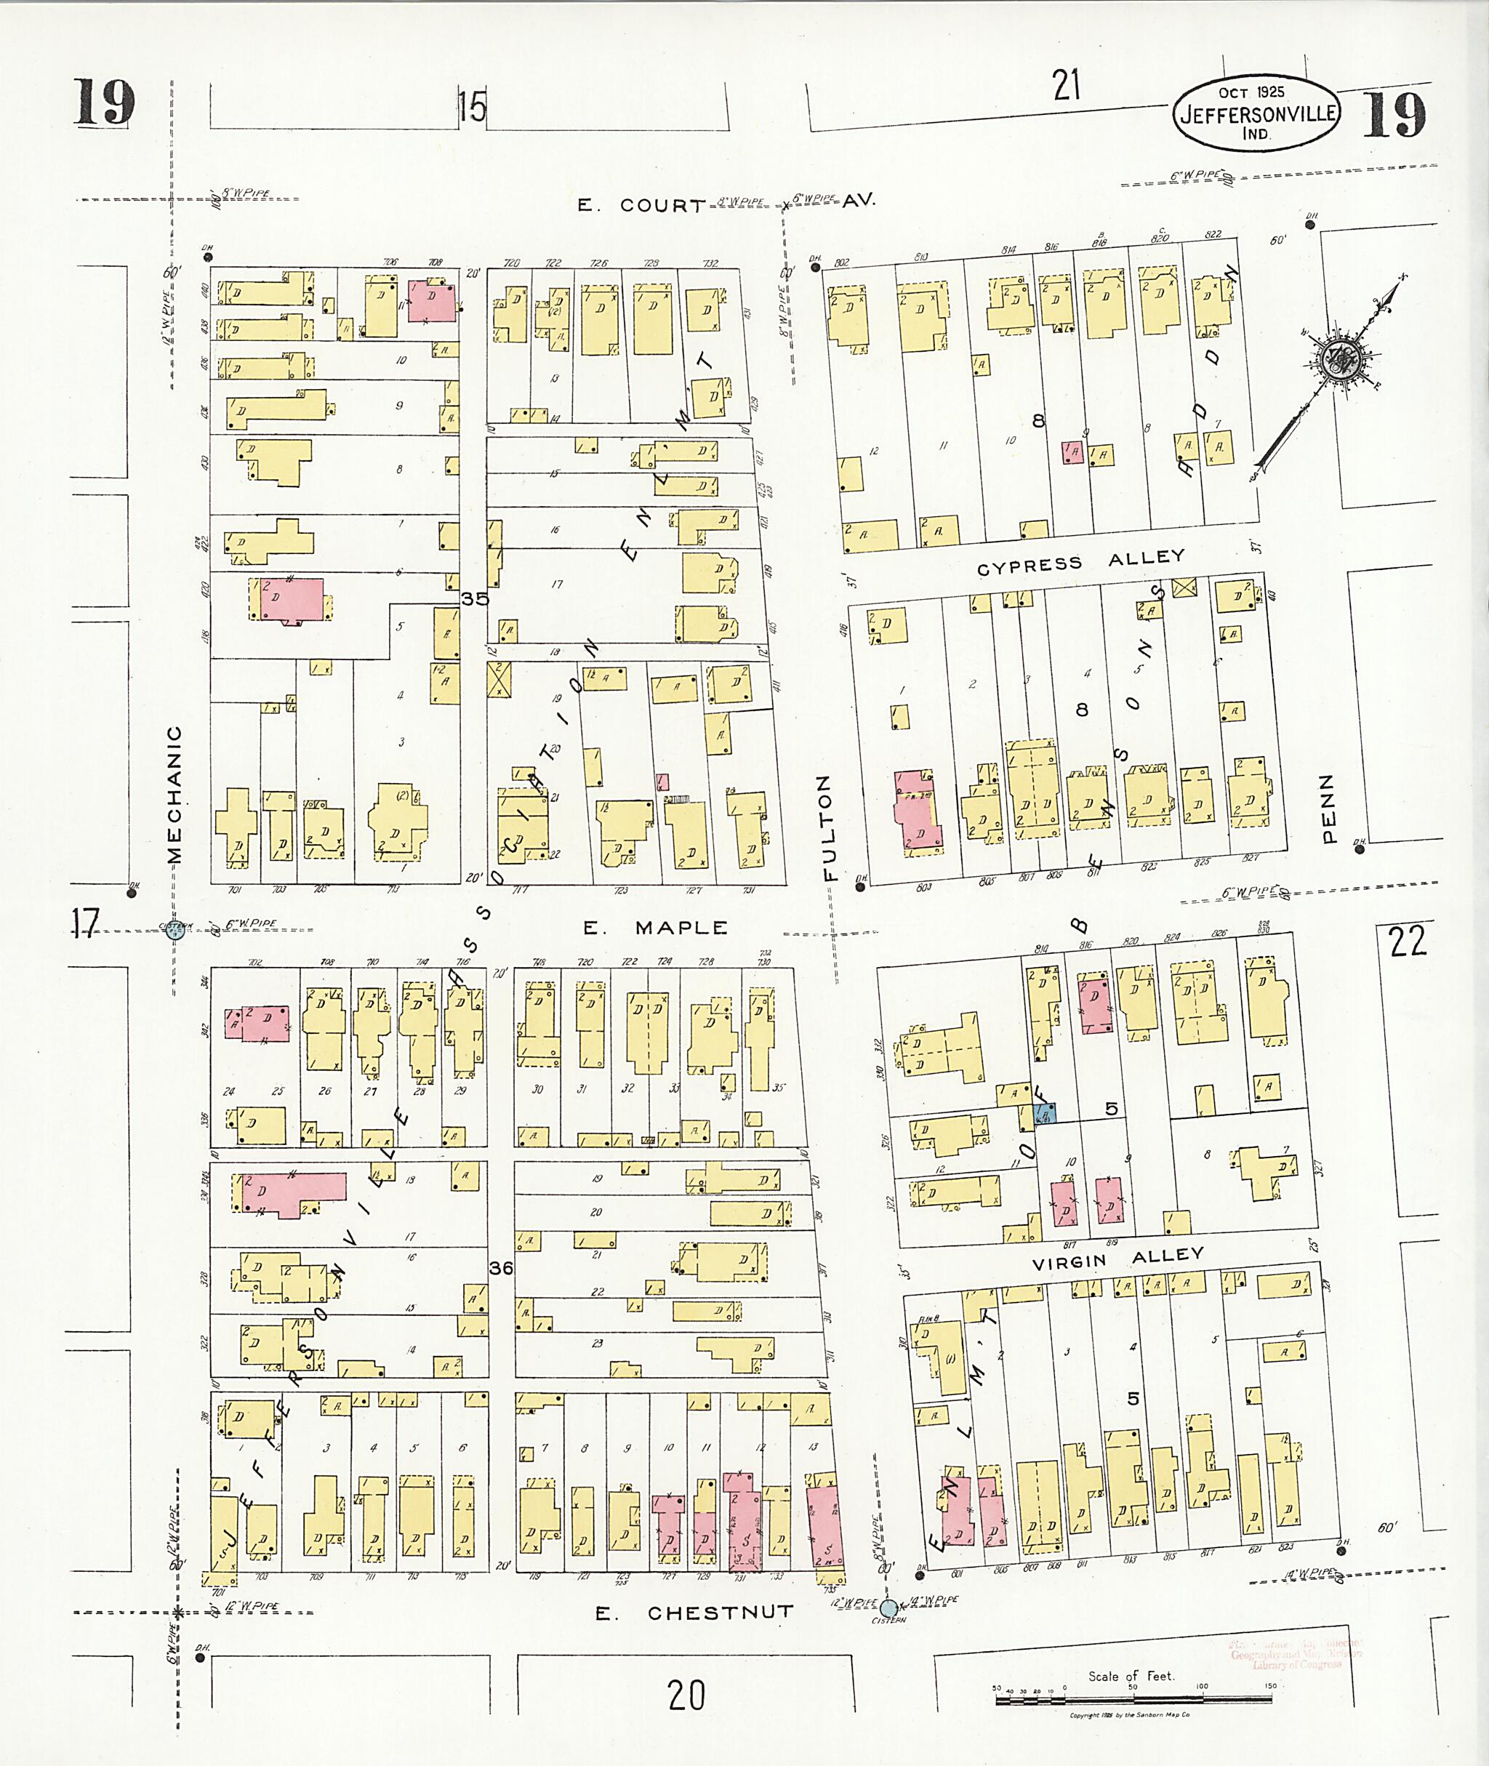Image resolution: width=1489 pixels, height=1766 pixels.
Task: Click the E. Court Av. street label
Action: coord(726,204)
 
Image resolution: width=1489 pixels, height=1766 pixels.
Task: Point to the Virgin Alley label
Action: coord(1118,1259)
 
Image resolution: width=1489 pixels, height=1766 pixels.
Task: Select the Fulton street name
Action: coord(828,827)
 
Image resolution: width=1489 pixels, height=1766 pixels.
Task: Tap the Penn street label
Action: coord(1328,808)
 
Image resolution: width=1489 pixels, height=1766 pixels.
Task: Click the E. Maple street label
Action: coord(655,928)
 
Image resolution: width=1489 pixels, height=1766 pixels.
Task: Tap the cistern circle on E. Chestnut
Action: coord(889,1608)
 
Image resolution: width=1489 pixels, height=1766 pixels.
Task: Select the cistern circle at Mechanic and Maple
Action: coord(175,931)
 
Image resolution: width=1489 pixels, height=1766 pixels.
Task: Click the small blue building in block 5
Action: coord(1045,1115)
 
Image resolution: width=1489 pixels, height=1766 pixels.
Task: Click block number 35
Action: coord(475,598)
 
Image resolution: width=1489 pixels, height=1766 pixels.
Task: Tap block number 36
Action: coord(500,1268)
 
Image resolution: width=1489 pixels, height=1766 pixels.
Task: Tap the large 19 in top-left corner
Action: coord(105,103)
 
